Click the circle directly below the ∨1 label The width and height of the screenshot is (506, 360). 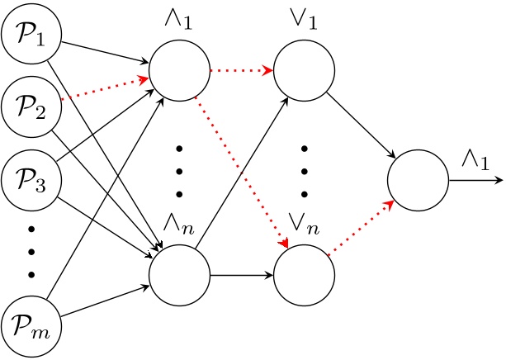pyautogui.click(x=304, y=70)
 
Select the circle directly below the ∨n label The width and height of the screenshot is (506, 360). pyautogui.click(x=304, y=275)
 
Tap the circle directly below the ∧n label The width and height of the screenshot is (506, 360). pyautogui.click(x=178, y=275)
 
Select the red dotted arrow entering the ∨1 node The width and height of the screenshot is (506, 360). pyautogui.click(x=241, y=70)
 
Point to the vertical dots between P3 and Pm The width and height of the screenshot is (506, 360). pyautogui.click(x=31, y=249)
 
